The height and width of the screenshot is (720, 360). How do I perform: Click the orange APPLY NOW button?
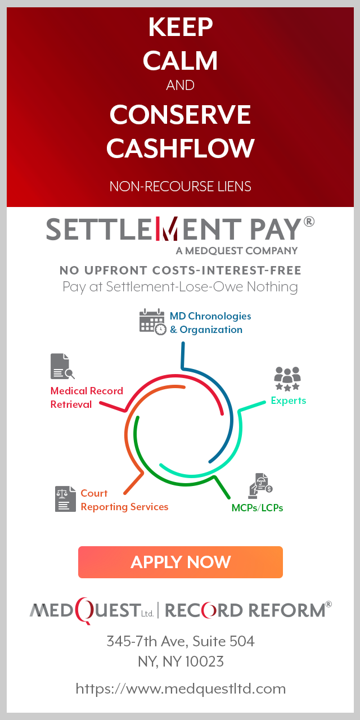coord(180,562)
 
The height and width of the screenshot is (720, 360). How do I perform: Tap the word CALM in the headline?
coord(180,61)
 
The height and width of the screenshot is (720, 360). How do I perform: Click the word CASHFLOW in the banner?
coord(180,148)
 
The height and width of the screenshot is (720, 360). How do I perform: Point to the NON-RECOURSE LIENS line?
coord(180,186)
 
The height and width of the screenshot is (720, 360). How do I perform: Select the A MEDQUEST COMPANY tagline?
coord(237,250)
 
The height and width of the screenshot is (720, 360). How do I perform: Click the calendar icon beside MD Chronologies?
coord(152,322)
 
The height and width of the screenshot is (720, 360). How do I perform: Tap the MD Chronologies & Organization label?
coord(210,323)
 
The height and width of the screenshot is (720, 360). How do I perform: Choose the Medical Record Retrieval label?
coord(86,398)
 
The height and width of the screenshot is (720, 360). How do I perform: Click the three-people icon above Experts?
coord(287,379)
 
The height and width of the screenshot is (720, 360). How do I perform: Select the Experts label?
coord(288,400)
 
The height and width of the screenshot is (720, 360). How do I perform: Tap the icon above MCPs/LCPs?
coord(260,485)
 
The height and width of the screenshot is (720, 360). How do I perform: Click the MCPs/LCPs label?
coord(257,507)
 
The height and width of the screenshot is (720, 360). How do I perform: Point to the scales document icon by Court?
coord(65,499)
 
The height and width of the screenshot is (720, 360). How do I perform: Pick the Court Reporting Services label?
coord(124,500)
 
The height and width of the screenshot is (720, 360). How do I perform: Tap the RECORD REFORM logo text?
coord(247,610)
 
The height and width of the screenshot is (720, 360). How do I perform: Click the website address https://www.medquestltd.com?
coord(181,688)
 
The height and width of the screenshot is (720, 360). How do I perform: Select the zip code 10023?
coord(201,661)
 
